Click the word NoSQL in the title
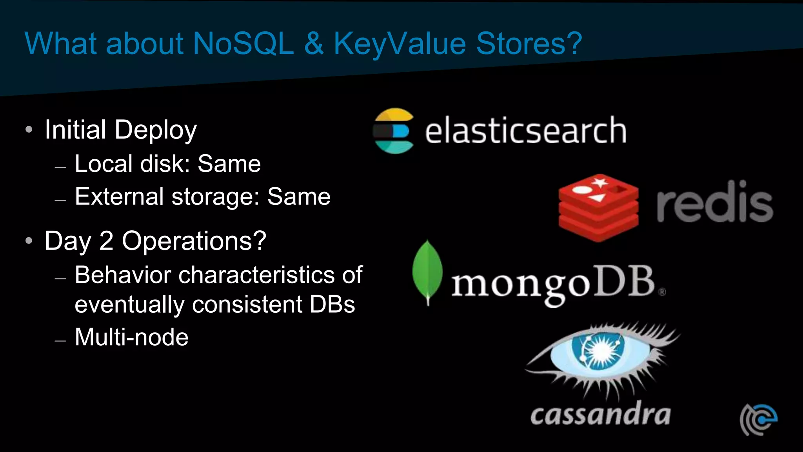pos(243,44)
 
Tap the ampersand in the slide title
pos(314,44)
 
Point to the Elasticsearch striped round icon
pos(394,131)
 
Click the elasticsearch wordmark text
pos(525,131)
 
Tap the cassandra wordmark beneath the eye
pos(600,414)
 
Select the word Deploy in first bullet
pos(156,130)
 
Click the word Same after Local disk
pos(229,164)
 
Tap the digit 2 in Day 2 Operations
pos(106,241)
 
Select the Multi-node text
pos(131,337)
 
